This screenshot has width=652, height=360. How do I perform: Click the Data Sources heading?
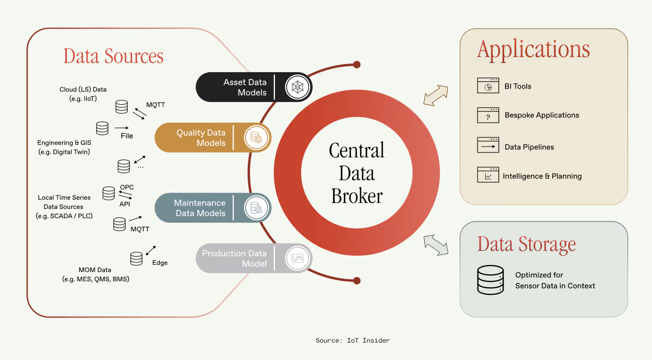coord(113,56)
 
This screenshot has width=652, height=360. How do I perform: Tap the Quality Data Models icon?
coord(254,137)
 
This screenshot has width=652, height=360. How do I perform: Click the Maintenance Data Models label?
coord(200,208)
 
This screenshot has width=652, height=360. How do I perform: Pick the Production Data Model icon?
coord(297,258)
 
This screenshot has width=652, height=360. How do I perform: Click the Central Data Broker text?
coord(357,173)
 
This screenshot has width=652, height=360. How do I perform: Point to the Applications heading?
coord(533,50)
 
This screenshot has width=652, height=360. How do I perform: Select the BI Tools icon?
coord(488,86)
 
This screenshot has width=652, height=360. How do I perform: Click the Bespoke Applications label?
coord(542,115)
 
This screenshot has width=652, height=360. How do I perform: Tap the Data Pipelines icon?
coord(488,146)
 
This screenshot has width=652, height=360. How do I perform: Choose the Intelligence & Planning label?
coord(542,176)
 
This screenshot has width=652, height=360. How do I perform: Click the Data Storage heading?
coord(526,244)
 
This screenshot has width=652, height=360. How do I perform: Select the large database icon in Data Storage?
coord(490,280)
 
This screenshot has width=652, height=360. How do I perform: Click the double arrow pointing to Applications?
coord(436,95)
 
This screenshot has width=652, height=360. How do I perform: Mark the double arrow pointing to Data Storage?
coord(436,244)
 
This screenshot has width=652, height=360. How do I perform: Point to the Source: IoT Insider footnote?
coord(353,340)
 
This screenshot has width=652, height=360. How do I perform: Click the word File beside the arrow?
coord(127,136)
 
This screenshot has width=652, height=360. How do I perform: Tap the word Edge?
coord(160,263)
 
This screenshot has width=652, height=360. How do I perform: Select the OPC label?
coord(127,187)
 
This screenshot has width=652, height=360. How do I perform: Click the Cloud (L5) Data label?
coord(83,89)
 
